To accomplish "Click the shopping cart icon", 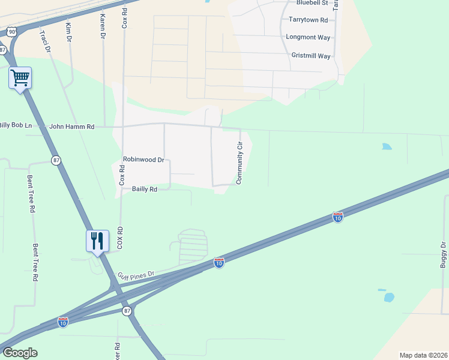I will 20,77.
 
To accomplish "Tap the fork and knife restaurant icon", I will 97,241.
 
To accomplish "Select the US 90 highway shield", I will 11,31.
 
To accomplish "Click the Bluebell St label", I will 316,3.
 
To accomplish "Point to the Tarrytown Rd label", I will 308,20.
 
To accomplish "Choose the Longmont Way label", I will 308,37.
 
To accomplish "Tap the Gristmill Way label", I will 310,56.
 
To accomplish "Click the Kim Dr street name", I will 68,31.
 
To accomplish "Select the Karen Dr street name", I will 103,27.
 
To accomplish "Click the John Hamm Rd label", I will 72,127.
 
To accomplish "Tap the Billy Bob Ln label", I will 16,125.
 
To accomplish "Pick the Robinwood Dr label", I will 143,160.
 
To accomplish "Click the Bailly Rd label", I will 145,189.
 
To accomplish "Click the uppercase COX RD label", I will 120,238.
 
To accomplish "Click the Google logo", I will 20,353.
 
